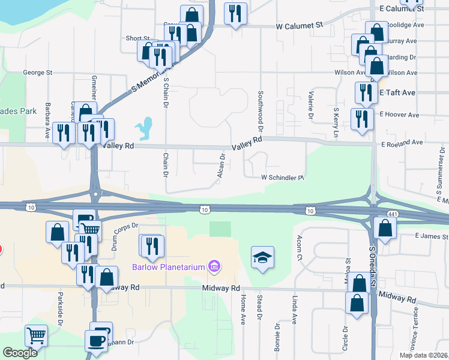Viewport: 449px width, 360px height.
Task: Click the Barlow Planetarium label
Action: click(x=167, y=266)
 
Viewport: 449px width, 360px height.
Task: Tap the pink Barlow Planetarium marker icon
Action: click(x=213, y=266)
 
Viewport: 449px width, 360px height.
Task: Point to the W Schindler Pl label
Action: click(x=283, y=178)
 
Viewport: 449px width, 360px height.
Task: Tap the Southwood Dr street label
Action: click(x=261, y=112)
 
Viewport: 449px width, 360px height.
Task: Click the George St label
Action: click(x=38, y=73)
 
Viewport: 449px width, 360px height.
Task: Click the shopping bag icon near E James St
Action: click(x=384, y=228)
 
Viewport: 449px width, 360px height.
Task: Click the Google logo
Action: click(x=20, y=353)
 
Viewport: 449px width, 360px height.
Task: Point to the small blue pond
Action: click(x=144, y=127)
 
